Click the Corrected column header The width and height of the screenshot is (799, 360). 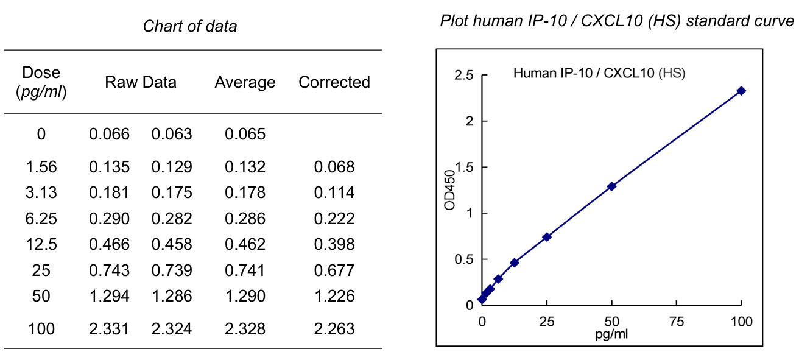click(334, 82)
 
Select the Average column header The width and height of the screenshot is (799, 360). click(245, 82)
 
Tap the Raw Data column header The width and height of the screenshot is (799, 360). click(141, 82)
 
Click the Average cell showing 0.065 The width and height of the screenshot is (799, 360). click(245, 134)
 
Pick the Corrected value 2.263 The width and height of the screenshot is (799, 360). click(334, 330)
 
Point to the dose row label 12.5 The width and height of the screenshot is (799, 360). click(41, 245)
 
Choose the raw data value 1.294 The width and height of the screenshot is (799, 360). click(110, 297)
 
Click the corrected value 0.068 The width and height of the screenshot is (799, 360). click(334, 167)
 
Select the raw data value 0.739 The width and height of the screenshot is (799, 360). click(172, 270)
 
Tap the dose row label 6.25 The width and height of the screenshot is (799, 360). click(41, 219)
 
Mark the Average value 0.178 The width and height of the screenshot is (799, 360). click(245, 193)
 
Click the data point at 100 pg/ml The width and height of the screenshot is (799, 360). click(741, 91)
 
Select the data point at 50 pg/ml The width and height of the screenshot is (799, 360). click(611, 186)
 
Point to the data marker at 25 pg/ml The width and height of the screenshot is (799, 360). click(547, 237)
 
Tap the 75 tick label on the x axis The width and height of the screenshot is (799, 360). click(677, 322)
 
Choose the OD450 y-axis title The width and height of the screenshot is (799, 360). click(449, 189)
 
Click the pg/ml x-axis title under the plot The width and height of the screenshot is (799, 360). click(611, 334)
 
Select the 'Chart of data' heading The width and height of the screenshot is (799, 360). click(190, 26)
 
